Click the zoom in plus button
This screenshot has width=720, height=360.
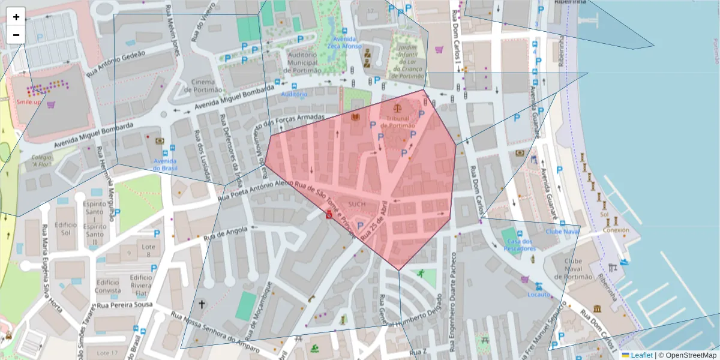[x=16, y=17]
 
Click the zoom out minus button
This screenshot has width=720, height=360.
[x=16, y=35]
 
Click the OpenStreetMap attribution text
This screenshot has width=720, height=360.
[x=687, y=355]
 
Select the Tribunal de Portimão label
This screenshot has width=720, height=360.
[x=398, y=122]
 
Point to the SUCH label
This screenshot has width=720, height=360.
[x=356, y=205]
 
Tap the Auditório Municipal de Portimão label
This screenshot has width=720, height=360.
[x=302, y=62]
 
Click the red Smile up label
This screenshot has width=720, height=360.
[x=28, y=102]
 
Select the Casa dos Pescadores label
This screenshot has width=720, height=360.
[x=520, y=245]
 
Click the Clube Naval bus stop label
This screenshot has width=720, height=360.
[x=562, y=230]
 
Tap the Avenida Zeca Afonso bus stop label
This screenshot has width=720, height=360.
[x=344, y=41]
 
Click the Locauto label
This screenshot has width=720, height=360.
[x=538, y=295]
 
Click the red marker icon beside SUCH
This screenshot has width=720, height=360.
[x=329, y=214]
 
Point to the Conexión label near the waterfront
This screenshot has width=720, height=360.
[x=616, y=230]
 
